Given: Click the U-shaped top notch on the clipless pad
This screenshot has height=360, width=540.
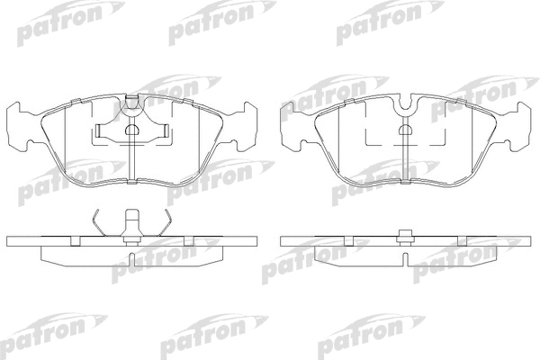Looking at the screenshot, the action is (406, 103).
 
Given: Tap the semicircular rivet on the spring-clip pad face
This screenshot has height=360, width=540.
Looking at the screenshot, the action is (132, 130).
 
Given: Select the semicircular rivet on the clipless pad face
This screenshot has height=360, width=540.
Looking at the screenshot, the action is (406, 130).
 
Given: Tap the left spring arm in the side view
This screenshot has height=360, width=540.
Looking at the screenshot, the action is (99, 222).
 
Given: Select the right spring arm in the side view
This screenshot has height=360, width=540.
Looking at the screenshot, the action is (165, 222).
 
